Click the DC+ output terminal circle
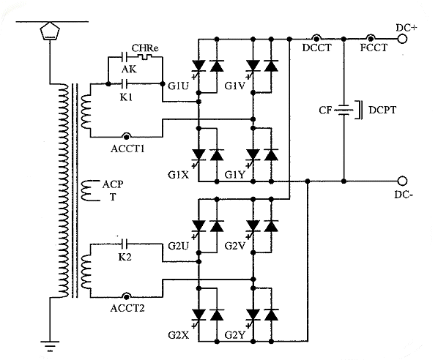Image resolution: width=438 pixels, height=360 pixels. tap(402, 39)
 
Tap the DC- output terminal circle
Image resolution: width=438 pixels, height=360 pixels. tap(402, 181)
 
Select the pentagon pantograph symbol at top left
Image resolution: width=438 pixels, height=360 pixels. tap(50, 31)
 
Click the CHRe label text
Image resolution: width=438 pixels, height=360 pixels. tap(145, 48)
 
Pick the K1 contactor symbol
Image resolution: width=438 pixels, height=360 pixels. tap(124, 83)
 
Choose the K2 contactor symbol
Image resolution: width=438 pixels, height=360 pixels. tap(124, 244)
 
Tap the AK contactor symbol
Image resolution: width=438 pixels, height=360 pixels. tap(124, 57)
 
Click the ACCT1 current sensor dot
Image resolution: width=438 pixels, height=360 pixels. tap(127, 137)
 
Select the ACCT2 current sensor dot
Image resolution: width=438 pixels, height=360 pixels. tap(127, 296)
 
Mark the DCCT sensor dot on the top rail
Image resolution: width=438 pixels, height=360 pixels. tap(316, 38)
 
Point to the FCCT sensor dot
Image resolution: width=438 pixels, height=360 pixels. tap(371, 38)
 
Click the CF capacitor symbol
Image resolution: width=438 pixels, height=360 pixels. tap(344, 110)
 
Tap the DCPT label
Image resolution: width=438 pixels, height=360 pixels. tap(382, 110)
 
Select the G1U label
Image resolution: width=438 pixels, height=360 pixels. tap(178, 86)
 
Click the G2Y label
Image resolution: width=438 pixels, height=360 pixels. tap(235, 335)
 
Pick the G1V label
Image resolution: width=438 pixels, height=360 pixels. tap(235, 86)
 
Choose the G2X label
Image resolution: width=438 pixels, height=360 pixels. tap(178, 335)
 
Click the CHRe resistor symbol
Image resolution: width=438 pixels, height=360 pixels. tap(144, 57)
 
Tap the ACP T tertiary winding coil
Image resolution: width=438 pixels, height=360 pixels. tap(87, 190)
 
